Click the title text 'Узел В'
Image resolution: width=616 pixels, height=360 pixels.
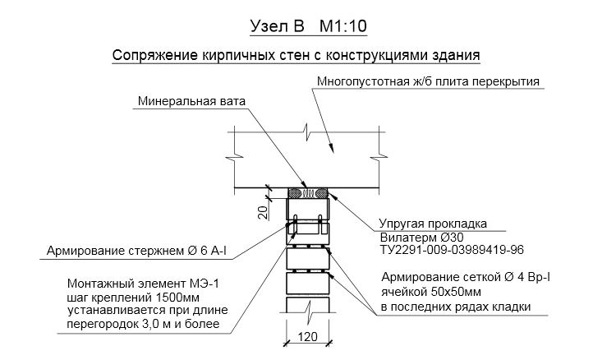point(274,26)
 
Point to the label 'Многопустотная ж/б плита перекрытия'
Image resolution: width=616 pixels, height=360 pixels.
point(427,82)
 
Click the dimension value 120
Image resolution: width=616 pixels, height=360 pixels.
point(309,337)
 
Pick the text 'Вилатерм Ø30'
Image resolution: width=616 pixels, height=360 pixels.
point(420,237)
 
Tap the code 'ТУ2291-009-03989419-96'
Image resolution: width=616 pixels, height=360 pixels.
point(451,249)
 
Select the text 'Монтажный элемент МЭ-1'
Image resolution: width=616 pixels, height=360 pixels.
point(126,283)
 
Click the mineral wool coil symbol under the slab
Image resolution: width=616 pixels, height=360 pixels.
point(309,194)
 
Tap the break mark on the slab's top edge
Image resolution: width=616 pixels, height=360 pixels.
point(310,132)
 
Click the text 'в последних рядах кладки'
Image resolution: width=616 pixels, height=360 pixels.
point(454,307)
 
